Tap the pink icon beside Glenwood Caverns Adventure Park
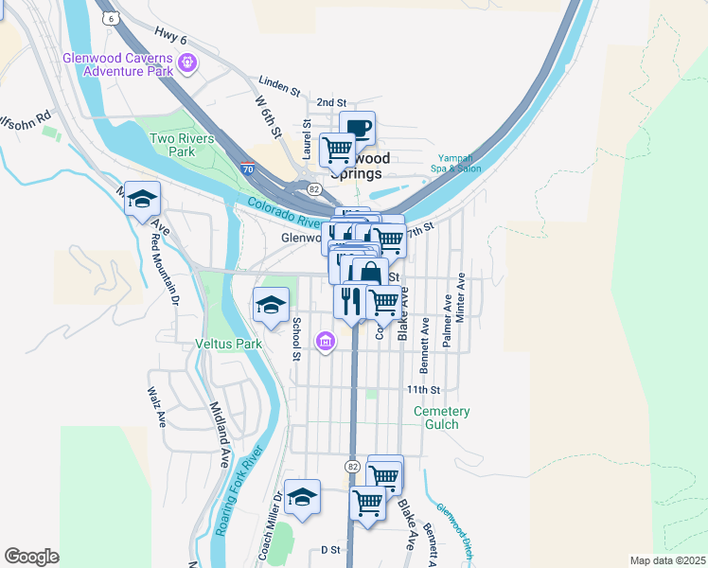[x=188, y=63]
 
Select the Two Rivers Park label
[x=172, y=145]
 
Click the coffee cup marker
[x=357, y=129]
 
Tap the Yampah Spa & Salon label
[x=459, y=163]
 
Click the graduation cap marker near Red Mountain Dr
[x=142, y=199]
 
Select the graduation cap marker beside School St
[x=271, y=305]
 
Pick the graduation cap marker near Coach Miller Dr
[x=302, y=497]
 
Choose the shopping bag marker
[x=370, y=275]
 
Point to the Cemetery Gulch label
[x=442, y=417]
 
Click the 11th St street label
[x=423, y=390]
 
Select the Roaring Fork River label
[x=237, y=497]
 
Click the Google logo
[x=31, y=557]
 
